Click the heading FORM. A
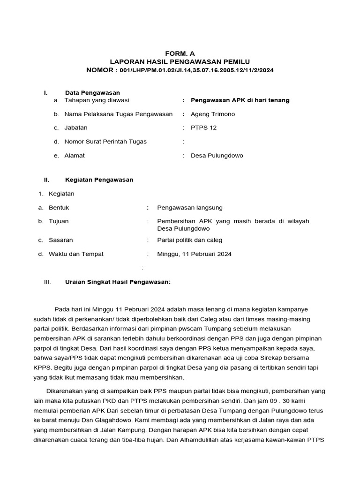pos(180,53)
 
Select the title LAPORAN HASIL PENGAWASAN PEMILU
pos(180,61)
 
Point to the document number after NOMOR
pos(196,70)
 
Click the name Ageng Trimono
pos(213,114)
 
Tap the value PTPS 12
pos(204,127)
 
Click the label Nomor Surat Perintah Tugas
pos(105,142)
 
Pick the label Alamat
pos(75,156)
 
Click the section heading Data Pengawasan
pos(92,93)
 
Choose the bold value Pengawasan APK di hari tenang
pos(240,100)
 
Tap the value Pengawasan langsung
pos(190,207)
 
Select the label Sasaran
pos(61,240)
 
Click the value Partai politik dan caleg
pos(190,240)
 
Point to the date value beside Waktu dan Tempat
pos(194,254)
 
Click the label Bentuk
pos(59,207)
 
